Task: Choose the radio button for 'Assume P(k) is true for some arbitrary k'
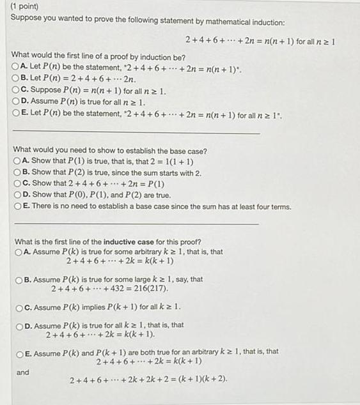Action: click(x=19, y=252)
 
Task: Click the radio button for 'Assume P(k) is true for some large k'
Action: click(x=19, y=279)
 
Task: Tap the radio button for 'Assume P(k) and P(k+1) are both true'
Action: click(x=19, y=352)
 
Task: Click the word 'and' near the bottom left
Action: click(x=22, y=371)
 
